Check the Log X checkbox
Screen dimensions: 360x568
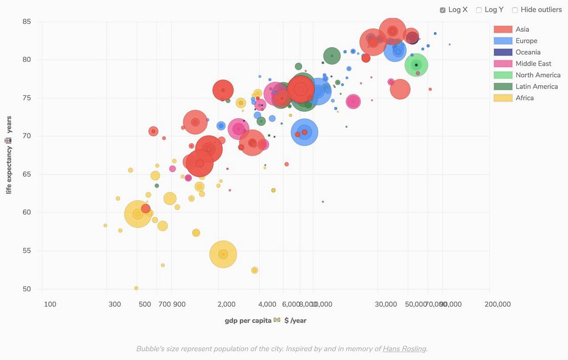click(x=443, y=10)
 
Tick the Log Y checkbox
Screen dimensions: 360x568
click(x=479, y=10)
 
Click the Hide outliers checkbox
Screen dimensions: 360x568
click(x=515, y=10)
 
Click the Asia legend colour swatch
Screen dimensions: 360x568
click(x=503, y=30)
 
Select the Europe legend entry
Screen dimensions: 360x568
click(x=526, y=41)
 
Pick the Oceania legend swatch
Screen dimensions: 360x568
click(x=503, y=52)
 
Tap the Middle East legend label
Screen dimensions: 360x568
click(x=533, y=64)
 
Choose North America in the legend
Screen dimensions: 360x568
click(x=537, y=75)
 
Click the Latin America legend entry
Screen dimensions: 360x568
click(x=536, y=86)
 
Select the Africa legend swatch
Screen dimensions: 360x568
click(x=503, y=98)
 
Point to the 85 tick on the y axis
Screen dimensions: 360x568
click(x=27, y=22)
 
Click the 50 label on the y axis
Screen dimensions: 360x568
click(x=27, y=289)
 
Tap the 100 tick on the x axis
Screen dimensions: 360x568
click(x=50, y=304)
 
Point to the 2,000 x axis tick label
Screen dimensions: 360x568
click(x=226, y=304)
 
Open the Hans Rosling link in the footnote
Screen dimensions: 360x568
click(x=404, y=349)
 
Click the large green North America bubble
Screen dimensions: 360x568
click(x=416, y=65)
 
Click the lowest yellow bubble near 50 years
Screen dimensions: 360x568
click(x=136, y=288)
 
